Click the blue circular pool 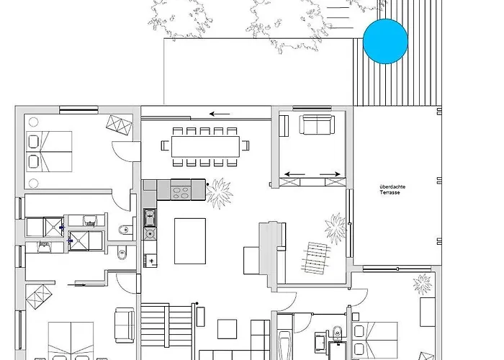coord(385,41)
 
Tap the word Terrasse coord(390,193)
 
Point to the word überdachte coord(392,186)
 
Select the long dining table coord(205,147)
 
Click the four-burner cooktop coord(181,193)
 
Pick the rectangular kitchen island coord(190,241)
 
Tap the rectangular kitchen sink coord(150,217)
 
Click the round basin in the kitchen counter coord(150,234)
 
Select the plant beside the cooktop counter coord(220,193)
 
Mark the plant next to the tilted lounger coord(336,228)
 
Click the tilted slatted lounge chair coord(315,258)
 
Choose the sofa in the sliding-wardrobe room coord(317,125)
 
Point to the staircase coord(166,325)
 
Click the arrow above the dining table coord(220,114)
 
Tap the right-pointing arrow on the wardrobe coord(330,174)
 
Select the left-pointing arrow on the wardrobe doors coord(294,174)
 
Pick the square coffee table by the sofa coord(228,329)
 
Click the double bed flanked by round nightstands coord(49,151)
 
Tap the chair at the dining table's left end coord(165,145)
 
